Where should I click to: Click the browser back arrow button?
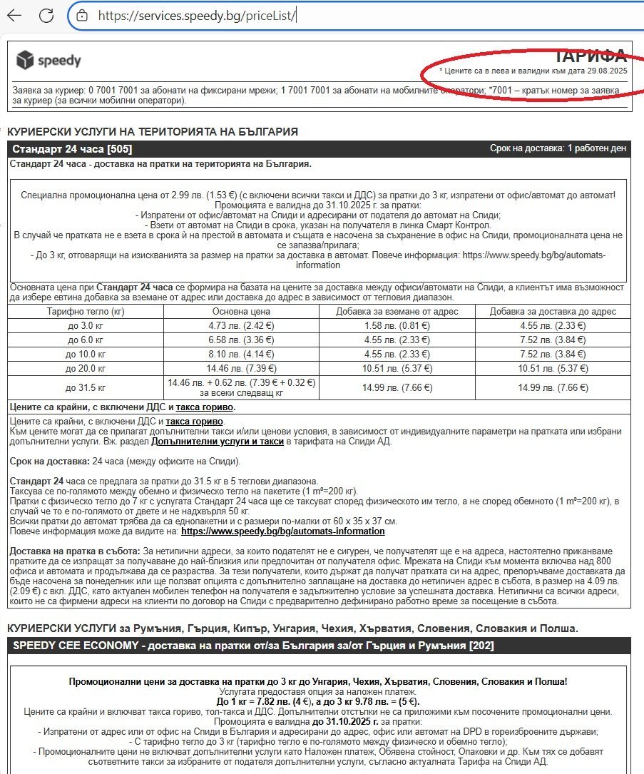pyautogui.click(x=14, y=15)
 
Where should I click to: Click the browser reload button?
pyautogui.click(x=46, y=15)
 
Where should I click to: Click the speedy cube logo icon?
pyautogui.click(x=26, y=60)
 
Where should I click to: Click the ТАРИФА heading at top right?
pyautogui.click(x=591, y=56)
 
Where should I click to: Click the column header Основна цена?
pyautogui.click(x=241, y=312)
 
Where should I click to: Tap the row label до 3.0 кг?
pyautogui.click(x=85, y=325)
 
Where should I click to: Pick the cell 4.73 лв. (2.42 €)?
pyautogui.click(x=241, y=325)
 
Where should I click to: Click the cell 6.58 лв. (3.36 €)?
pyautogui.click(x=241, y=339)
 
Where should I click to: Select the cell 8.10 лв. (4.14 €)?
pyautogui.click(x=241, y=353)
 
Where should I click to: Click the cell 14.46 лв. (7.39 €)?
pyautogui.click(x=241, y=368)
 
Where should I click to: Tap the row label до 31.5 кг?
pyautogui.click(x=85, y=388)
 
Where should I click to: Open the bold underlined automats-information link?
pyautogui.click(x=282, y=531)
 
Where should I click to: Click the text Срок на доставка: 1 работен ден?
pyautogui.click(x=558, y=149)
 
